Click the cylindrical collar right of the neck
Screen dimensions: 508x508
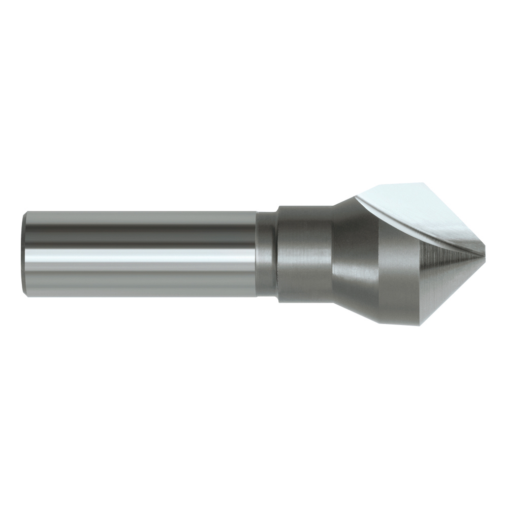point(304,254)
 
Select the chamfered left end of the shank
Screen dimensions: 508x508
point(25,254)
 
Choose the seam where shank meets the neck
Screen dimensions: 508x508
point(257,254)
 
